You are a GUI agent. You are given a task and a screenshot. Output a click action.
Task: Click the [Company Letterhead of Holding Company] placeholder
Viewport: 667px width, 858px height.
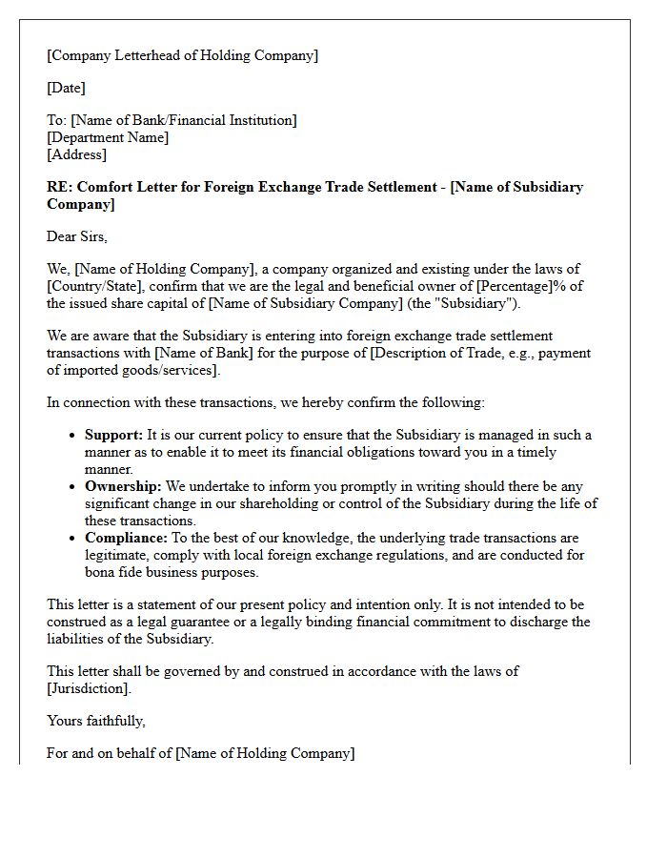[182, 55]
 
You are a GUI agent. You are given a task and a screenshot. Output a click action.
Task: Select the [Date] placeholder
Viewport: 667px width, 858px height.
[66, 88]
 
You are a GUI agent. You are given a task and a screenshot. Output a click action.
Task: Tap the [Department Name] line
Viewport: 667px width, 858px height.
[108, 137]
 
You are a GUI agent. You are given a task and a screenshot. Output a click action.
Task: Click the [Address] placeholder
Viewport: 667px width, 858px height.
[76, 154]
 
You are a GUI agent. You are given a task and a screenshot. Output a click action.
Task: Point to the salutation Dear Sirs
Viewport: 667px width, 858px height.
[77, 236]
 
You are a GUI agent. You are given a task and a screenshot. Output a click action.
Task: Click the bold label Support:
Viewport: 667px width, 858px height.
[113, 435]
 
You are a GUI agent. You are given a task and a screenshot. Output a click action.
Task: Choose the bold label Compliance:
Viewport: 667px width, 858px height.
[125, 538]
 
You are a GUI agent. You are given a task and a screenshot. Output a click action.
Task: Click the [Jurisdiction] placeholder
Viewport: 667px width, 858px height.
[89, 688]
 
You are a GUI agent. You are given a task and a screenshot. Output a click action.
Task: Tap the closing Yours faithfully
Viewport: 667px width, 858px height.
[96, 721]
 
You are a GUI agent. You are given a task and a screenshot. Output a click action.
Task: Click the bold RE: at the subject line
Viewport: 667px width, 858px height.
[59, 187]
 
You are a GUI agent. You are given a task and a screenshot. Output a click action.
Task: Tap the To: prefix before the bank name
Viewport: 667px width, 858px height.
[57, 120]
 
